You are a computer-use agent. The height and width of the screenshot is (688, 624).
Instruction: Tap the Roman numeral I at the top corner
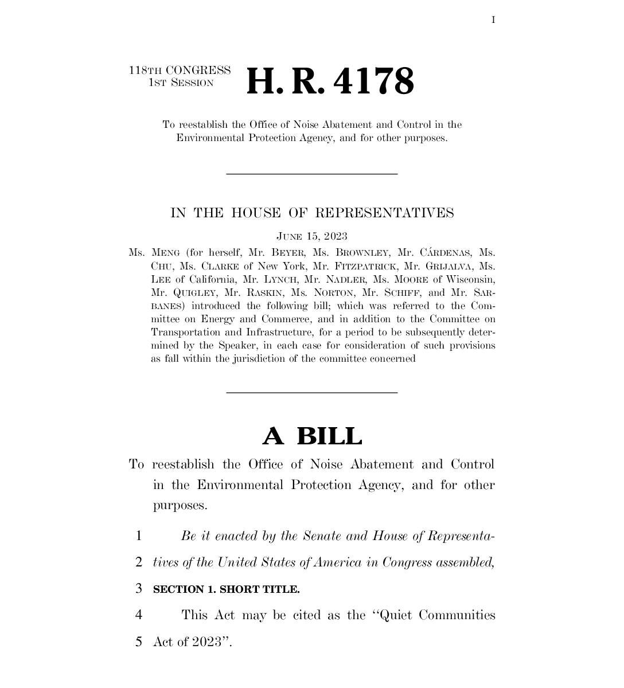pos(493,20)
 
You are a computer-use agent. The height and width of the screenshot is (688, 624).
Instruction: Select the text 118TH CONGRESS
pos(180,71)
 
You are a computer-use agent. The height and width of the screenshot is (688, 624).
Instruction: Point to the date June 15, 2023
pos(312,236)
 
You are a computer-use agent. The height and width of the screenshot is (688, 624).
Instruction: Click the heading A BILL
pos(312,436)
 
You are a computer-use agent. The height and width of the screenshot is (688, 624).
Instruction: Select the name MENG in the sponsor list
pos(166,253)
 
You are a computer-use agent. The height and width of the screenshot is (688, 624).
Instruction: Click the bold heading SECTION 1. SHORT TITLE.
pos(226,589)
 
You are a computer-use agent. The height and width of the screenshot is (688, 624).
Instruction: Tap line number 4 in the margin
pos(138,615)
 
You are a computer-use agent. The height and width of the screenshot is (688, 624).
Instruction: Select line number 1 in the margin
pos(138,537)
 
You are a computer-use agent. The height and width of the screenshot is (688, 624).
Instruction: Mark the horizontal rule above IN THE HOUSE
pos(312,174)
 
